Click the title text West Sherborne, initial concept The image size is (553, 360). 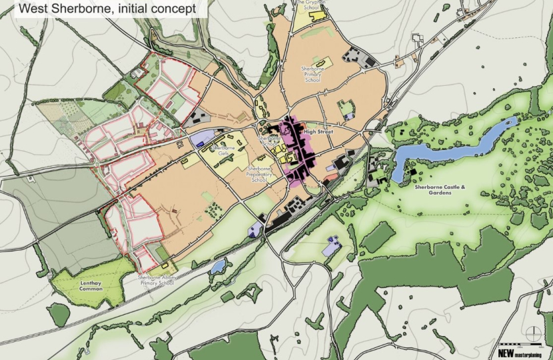coord(107,9)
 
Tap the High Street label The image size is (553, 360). coord(317,132)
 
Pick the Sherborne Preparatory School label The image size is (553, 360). coord(257,175)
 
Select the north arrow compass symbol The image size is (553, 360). coord(531,334)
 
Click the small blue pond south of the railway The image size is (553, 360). coord(218,267)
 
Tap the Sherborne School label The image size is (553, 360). coord(269,139)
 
